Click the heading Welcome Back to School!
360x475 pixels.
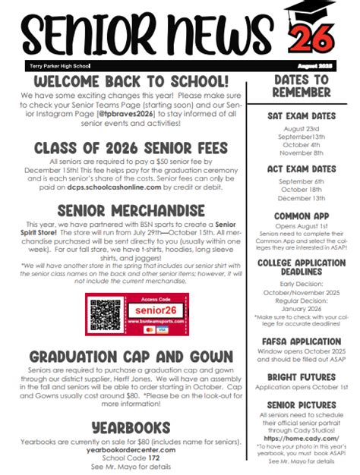pos(131,81)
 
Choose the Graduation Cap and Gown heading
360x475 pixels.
pos(131,356)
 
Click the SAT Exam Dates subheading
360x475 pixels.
pos(301,116)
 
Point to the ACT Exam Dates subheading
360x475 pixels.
pos(301,168)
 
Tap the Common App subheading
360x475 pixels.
pos(302,215)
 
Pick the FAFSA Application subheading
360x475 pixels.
pos(301,341)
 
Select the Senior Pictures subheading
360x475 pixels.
pos(302,404)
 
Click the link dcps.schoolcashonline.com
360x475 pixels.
pos(114,185)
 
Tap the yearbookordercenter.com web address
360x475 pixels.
pos(131,449)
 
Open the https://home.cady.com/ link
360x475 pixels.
pos(302,438)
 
